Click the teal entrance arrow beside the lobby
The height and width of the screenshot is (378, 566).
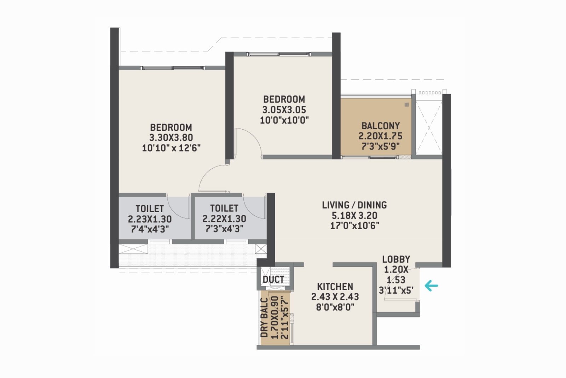[x=432, y=285]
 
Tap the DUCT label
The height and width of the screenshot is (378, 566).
[x=273, y=280]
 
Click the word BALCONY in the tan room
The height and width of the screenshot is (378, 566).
[x=380, y=126]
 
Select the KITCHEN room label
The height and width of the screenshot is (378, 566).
[x=335, y=287]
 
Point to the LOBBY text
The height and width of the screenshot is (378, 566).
[x=396, y=259]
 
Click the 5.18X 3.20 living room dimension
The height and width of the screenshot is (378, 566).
[x=354, y=215]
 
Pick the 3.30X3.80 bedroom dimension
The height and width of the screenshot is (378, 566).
[x=171, y=137]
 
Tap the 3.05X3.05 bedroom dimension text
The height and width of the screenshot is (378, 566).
[x=284, y=110]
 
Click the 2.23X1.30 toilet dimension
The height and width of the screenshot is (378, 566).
[x=150, y=219]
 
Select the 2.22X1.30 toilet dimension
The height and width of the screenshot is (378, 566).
[x=224, y=219]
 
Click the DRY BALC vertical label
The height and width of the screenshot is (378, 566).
[x=264, y=318]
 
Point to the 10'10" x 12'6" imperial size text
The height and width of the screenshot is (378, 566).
[x=171, y=148]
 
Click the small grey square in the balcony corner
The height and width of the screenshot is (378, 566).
[x=406, y=105]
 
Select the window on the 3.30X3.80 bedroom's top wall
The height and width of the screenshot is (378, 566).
[x=172, y=68]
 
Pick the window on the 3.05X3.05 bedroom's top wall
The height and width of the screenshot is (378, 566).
[x=278, y=54]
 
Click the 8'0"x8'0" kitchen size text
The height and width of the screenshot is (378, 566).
[x=335, y=307]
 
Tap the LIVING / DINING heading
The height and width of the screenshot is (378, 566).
[x=354, y=205]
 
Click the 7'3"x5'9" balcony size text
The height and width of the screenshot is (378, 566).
[x=380, y=146]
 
